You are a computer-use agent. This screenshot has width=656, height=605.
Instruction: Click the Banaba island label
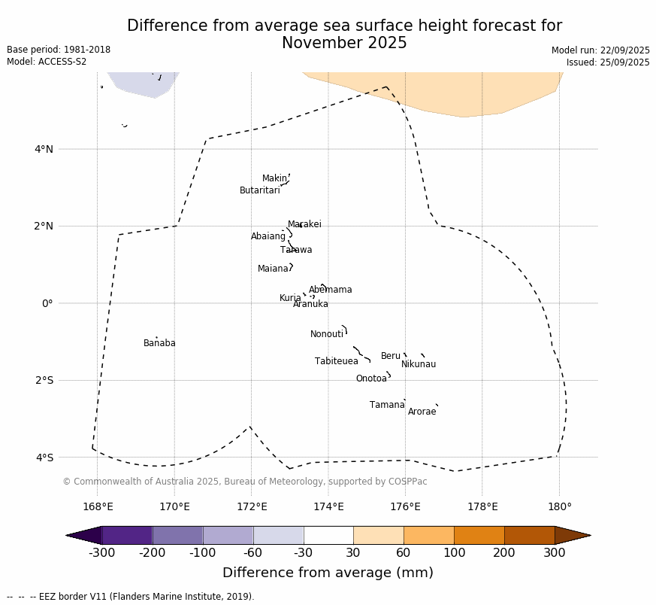159,343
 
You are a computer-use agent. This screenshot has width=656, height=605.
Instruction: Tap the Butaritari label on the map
259,190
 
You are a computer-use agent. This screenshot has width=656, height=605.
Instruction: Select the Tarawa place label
296,250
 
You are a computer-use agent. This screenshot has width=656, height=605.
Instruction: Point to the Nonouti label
327,334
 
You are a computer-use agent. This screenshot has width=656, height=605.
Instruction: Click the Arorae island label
422,412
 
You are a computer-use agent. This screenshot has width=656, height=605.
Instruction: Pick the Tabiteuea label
337,361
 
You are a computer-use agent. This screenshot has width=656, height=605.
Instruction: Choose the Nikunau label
419,364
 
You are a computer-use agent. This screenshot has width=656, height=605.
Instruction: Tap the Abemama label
330,290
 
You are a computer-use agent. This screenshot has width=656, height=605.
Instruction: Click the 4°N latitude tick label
44,149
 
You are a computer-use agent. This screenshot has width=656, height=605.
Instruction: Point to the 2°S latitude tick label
44,380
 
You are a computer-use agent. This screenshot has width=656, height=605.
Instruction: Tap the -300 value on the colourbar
101,553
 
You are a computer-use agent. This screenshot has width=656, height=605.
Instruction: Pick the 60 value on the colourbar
404,553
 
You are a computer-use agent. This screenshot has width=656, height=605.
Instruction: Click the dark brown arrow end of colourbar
573,535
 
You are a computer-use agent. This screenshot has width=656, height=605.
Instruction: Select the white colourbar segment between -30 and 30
328,535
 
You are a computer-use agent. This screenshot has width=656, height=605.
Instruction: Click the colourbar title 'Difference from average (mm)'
328,573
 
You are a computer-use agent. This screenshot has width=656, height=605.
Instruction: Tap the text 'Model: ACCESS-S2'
47,62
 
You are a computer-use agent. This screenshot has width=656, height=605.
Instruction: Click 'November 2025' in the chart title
344,43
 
